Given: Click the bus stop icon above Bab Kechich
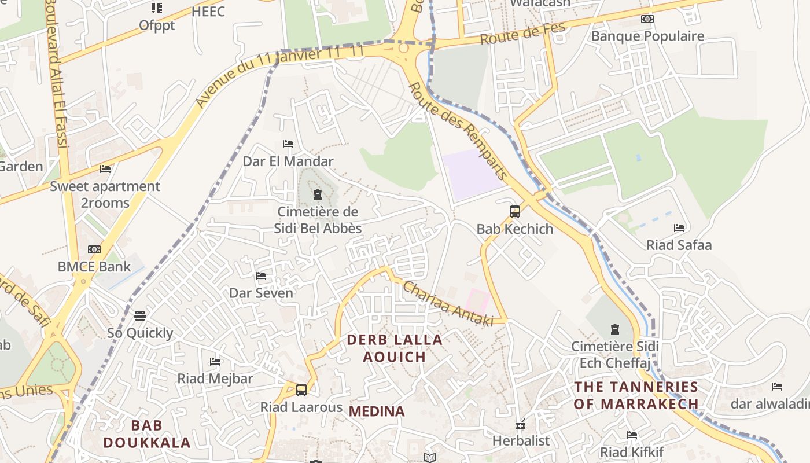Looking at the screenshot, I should (x=514, y=211).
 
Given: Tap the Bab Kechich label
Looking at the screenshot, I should (x=514, y=229).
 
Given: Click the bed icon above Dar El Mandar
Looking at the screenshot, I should (x=288, y=144).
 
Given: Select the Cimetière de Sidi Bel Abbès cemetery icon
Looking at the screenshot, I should (x=317, y=194).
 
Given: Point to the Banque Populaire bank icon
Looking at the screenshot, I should (x=647, y=19).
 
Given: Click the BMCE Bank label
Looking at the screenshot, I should (x=94, y=267).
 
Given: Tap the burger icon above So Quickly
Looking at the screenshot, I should (x=139, y=316).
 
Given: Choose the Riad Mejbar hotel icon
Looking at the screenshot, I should (x=215, y=362).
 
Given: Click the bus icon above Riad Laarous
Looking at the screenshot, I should (x=301, y=389).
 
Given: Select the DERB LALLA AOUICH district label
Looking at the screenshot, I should (x=395, y=348).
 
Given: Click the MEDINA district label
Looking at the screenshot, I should (x=377, y=411).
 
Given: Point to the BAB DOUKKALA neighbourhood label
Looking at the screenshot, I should (x=146, y=434).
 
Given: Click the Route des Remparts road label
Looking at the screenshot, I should (x=458, y=131).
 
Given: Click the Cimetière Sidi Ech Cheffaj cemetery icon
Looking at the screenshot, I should (x=614, y=329).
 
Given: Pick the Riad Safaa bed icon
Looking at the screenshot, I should (x=679, y=228).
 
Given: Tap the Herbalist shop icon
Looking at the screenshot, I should (x=520, y=425).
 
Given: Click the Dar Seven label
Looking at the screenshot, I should (x=261, y=293).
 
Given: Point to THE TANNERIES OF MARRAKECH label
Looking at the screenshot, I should (x=636, y=395).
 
